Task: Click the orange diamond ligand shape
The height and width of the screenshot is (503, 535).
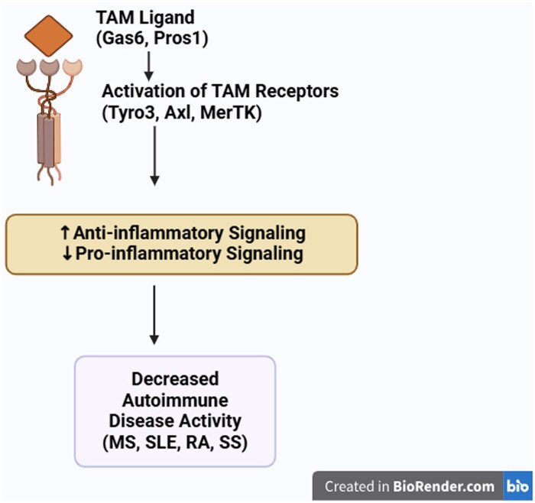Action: [48, 35]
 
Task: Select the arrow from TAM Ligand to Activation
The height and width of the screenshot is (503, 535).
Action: [149, 67]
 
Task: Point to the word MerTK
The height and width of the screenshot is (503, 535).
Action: [229, 113]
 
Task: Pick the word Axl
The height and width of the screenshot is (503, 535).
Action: [178, 113]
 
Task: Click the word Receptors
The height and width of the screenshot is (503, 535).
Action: [297, 91]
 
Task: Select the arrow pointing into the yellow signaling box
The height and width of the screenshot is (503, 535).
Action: [154, 156]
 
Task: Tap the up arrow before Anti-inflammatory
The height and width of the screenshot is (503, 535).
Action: [64, 233]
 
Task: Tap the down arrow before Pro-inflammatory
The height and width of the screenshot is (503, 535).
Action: [67, 254]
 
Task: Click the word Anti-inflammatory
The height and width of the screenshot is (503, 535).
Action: [148, 233]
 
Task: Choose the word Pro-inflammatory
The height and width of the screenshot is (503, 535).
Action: [148, 254]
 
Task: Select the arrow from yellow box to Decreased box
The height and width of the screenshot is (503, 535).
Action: [154, 315]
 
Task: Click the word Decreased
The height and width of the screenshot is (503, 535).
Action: [175, 379]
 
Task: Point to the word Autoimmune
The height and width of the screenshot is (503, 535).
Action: [175, 400]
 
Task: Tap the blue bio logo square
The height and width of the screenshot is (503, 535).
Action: [517, 486]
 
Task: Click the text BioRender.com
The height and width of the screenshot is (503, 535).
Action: [443, 486]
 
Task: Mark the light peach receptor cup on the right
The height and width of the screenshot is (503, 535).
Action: [73, 67]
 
